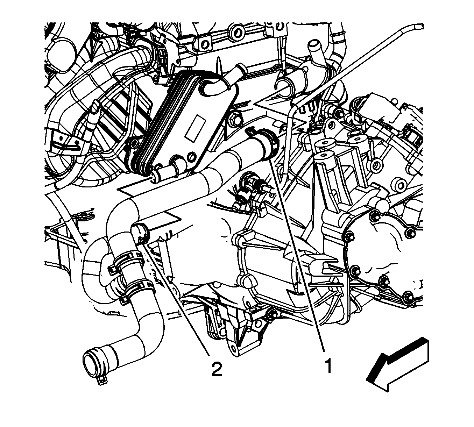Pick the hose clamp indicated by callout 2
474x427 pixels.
pyautogui.click(x=140, y=233)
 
